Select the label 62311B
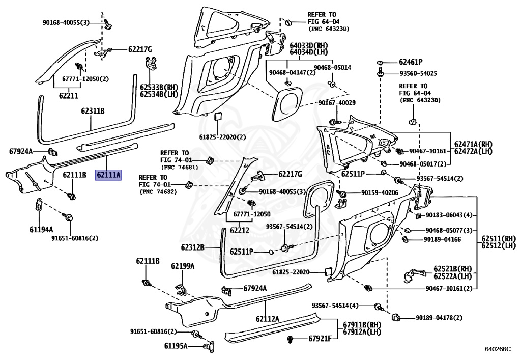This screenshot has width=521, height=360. point(93,110)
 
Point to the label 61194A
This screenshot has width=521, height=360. point(41,229)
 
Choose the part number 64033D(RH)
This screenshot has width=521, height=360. point(309,45)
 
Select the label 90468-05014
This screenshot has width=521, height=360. point(332,67)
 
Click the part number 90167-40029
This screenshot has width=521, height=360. point(337,103)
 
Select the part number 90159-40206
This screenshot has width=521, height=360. point(381,193)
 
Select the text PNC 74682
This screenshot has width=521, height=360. point(159,192)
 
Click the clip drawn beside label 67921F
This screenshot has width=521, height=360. point(291,339)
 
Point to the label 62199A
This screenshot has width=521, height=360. point(182,266)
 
